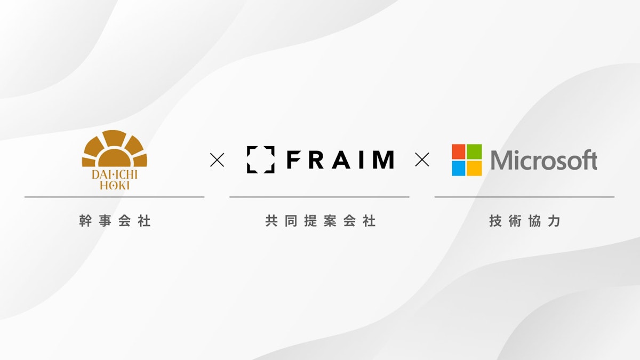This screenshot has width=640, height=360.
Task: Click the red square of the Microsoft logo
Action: point(459,151)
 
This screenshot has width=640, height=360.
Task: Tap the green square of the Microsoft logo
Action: point(474,151)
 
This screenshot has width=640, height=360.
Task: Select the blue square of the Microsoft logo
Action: point(459,168)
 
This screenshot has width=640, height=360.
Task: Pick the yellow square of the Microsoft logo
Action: point(474,168)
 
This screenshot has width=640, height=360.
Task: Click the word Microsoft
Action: point(544,159)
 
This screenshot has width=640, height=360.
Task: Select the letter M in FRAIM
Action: point(385,159)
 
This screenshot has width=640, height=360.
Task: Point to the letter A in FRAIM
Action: point(342,159)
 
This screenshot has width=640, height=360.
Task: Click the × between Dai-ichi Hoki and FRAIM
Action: point(217,159)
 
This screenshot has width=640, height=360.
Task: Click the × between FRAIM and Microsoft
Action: point(422,159)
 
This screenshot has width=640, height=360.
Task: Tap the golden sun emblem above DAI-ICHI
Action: point(115,148)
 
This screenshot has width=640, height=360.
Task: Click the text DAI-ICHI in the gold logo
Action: point(115,174)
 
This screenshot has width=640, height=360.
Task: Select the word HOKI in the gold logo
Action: point(115,186)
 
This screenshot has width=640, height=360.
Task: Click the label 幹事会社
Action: point(115,221)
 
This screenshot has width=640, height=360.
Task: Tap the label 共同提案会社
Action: point(320,221)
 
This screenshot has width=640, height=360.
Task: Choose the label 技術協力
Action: point(525,221)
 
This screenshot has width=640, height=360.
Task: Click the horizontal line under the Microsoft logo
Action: point(525,197)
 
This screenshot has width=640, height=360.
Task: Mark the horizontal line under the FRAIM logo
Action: point(319,197)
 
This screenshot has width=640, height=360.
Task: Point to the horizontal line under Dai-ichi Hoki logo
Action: point(115,197)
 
